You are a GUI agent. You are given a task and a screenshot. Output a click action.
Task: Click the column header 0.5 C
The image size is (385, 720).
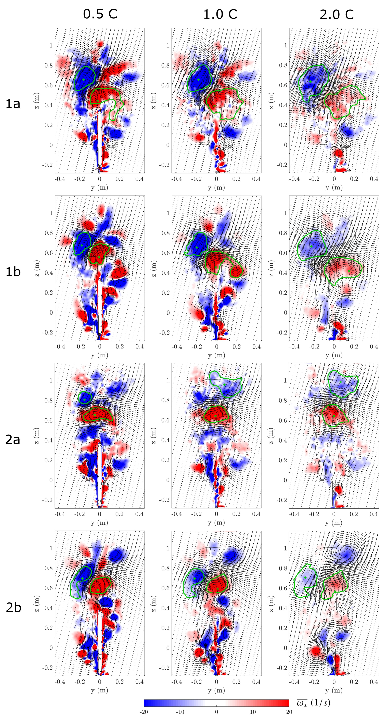click(x=100, y=14)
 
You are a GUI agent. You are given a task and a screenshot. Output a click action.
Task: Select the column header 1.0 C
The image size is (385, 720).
click(x=220, y=14)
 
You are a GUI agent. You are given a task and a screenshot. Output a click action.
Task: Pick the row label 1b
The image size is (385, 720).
click(x=13, y=272)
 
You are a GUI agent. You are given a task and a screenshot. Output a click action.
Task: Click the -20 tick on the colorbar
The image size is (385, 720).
click(x=144, y=712)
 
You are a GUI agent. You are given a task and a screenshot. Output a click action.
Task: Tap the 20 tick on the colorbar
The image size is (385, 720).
click(x=289, y=712)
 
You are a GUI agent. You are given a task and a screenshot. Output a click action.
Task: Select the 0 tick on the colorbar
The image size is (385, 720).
click(x=216, y=712)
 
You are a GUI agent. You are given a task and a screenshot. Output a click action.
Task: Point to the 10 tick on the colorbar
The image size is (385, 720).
click(x=253, y=712)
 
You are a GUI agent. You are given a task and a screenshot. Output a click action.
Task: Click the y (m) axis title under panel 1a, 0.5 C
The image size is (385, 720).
click(x=99, y=187)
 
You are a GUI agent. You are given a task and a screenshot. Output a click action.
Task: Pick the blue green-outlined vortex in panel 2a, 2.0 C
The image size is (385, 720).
click(x=342, y=383)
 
